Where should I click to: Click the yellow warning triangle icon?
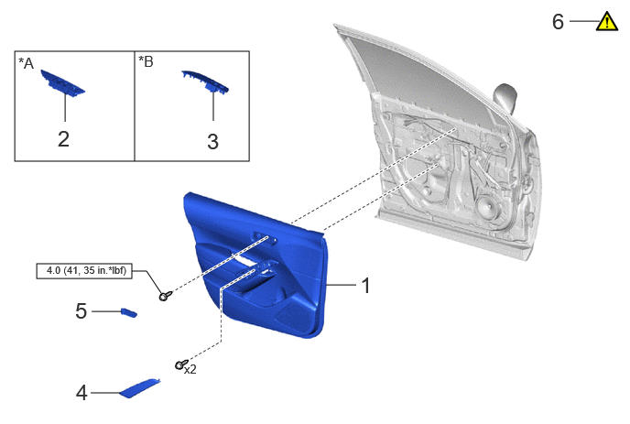coord(607,22)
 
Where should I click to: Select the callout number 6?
coord(558,22)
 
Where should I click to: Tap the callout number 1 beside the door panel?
coord(365,286)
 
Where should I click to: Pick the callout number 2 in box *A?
coord(63,139)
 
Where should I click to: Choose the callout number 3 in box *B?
coord(213,141)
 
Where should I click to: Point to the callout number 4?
coord(81,393)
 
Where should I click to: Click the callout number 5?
coord(81,311)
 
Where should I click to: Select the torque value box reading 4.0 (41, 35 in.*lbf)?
coord(84,271)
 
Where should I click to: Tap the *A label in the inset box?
coord(27,63)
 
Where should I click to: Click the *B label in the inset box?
coord(146,61)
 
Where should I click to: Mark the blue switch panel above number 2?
coord(62,83)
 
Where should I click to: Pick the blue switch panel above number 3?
coord(205,82)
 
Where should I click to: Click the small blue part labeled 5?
coord(129,312)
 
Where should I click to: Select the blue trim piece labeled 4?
coord(140,388)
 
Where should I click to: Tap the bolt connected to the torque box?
coord(165,296)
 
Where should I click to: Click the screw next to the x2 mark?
coord(181,364)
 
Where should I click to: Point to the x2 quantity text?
coord(190,369)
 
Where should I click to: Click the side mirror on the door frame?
coord(505,99)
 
